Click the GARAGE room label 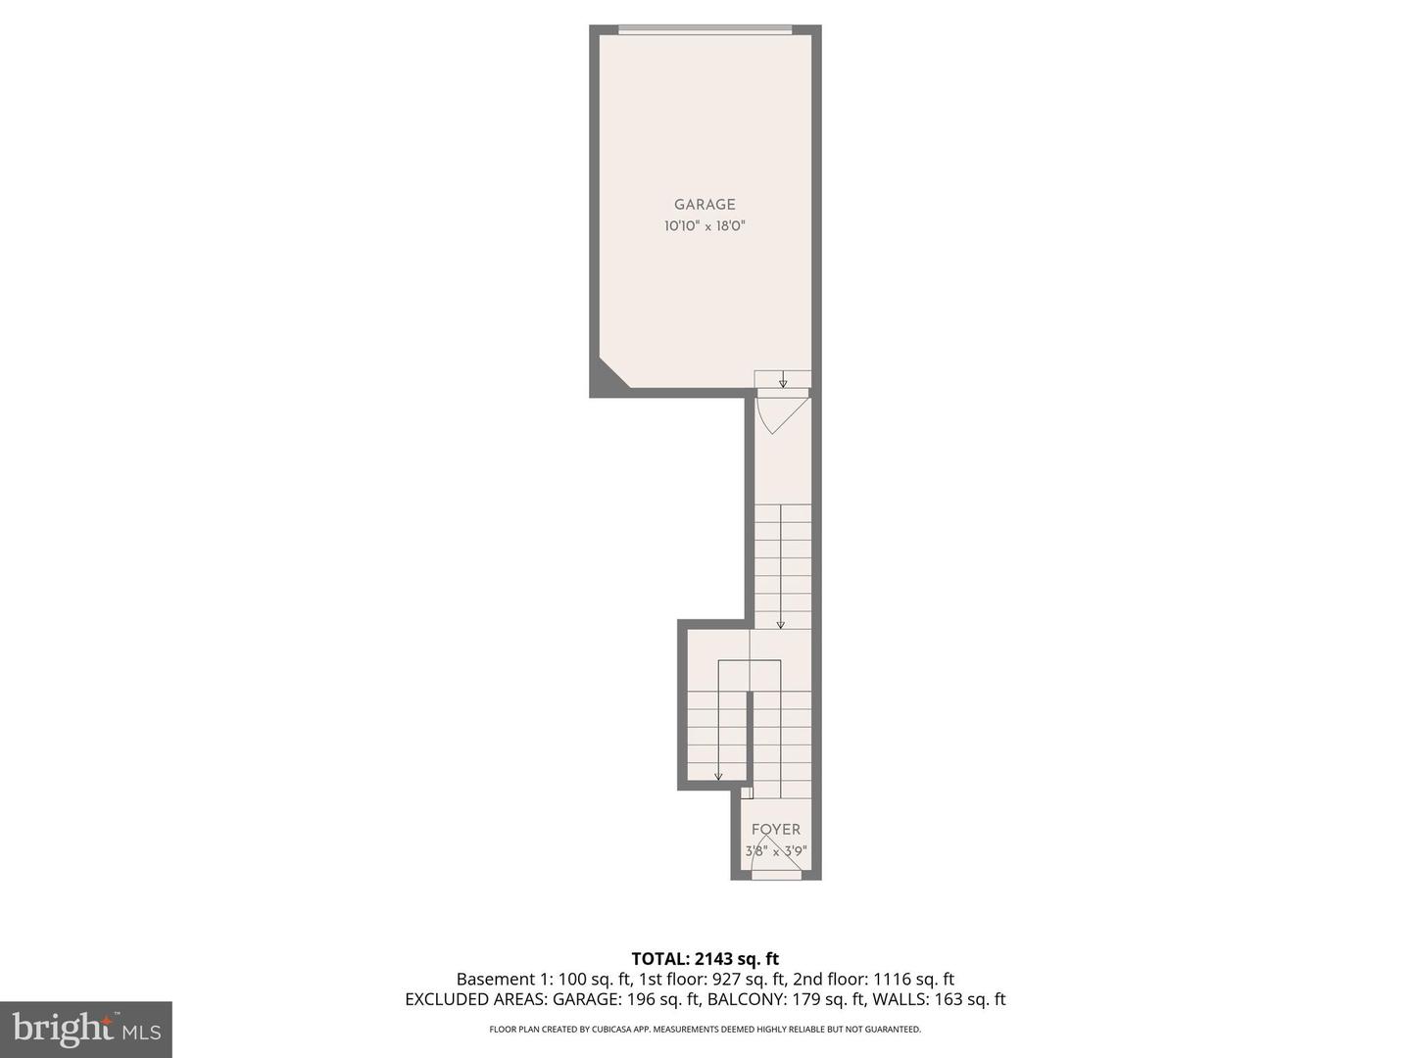pyautogui.click(x=705, y=205)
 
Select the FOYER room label pyautogui.click(x=776, y=830)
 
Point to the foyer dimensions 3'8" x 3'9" pyautogui.click(x=776, y=851)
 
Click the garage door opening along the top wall pyautogui.click(x=705, y=29)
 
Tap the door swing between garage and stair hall pyautogui.click(x=781, y=411)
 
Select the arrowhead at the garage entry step pyautogui.click(x=783, y=384)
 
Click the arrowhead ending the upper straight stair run pyautogui.click(x=781, y=624)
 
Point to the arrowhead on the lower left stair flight pyautogui.click(x=718, y=777)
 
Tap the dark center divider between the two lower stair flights pyautogui.click(x=750, y=740)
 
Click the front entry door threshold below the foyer pyautogui.click(x=776, y=875)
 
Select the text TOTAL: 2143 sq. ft pyautogui.click(x=705, y=959)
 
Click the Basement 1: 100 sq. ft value pyautogui.click(x=544, y=980)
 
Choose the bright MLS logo pyautogui.click(x=86, y=1029)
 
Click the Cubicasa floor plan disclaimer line pyautogui.click(x=705, y=1030)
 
